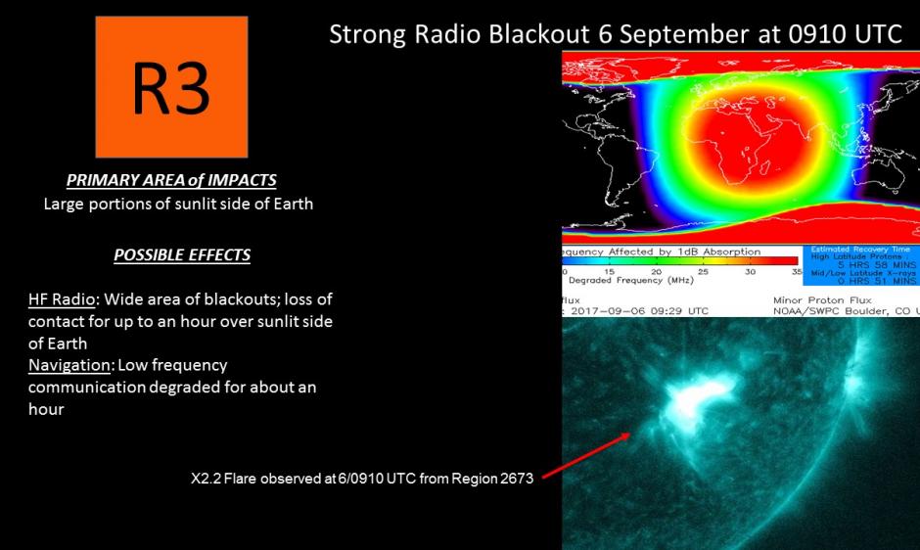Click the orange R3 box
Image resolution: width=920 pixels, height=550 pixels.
(x=171, y=87)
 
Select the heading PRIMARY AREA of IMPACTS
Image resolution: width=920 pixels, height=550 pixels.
(x=171, y=180)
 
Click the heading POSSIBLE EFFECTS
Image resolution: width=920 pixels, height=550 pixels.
(x=182, y=255)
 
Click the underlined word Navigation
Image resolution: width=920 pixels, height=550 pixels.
(x=69, y=365)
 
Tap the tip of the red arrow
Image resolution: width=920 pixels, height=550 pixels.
(x=630, y=435)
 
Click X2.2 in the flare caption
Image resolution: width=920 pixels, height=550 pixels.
(x=207, y=480)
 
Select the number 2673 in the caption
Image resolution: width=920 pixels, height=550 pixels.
(x=515, y=480)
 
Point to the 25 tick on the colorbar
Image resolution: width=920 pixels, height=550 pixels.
(x=703, y=271)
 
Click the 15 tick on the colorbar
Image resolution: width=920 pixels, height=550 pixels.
(x=610, y=271)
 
